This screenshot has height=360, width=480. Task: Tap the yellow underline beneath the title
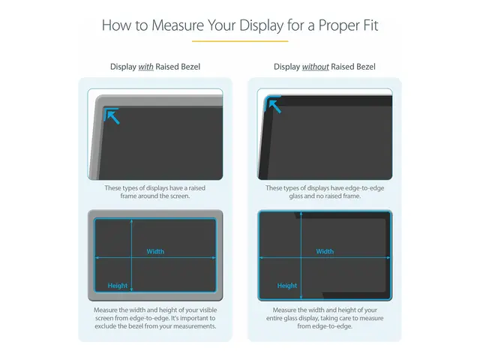coord(240,41)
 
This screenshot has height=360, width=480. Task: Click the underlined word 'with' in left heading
coord(146,67)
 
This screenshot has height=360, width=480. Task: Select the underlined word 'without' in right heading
coord(316,67)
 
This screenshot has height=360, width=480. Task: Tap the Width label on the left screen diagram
coord(155,251)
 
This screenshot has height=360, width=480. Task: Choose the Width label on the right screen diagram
coord(325,251)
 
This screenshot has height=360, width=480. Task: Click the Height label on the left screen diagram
coord(118,286)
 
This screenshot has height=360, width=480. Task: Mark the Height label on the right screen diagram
coord(287,286)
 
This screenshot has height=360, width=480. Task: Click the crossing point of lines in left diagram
coord(132,257)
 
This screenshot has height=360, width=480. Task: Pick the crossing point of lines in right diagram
coord(301,257)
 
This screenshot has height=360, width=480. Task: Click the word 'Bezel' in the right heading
coord(364,67)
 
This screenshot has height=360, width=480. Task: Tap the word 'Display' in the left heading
coord(123,67)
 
